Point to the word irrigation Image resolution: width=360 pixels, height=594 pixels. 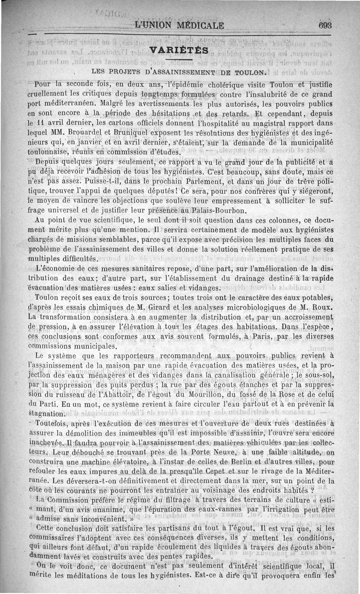tap(293, 511)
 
